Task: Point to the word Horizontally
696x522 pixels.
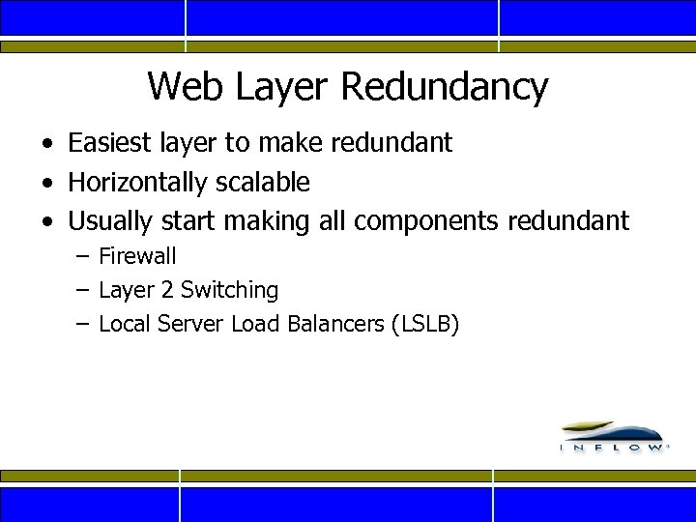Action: click(x=137, y=182)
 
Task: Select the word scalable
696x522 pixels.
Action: click(x=262, y=182)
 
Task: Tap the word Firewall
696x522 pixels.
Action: click(x=137, y=256)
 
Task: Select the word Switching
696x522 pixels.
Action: click(x=229, y=290)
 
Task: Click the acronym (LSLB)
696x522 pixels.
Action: click(x=424, y=324)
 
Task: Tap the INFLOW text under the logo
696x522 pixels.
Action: click(x=614, y=449)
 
